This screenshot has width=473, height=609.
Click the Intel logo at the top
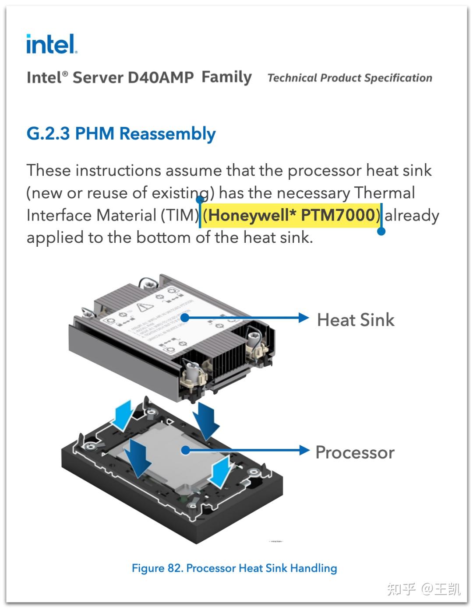click(x=51, y=44)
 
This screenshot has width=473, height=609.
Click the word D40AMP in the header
click(x=160, y=77)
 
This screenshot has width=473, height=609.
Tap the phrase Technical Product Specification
click(x=349, y=78)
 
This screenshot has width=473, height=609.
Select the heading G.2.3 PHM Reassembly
click(x=121, y=133)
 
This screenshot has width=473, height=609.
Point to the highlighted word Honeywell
click(x=249, y=215)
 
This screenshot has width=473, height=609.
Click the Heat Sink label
click(x=355, y=320)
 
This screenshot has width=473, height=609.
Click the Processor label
click(x=355, y=452)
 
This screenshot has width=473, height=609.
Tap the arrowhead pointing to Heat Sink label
click(x=304, y=318)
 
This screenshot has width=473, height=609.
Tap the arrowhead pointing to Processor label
click(x=304, y=450)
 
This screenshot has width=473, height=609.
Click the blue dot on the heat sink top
click(x=185, y=318)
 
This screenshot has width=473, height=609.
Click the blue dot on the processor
click(x=186, y=450)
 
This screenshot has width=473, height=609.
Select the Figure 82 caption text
click(x=234, y=568)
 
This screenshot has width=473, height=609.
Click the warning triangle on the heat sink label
click(x=142, y=307)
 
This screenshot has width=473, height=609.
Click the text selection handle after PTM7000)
click(x=381, y=231)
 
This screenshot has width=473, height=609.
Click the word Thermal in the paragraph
click(x=384, y=192)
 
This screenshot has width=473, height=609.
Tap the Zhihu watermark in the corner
click(x=423, y=589)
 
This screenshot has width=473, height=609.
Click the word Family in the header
click(x=226, y=77)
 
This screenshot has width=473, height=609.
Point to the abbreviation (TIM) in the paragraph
click(x=180, y=215)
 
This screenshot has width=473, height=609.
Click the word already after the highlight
click(x=412, y=215)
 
